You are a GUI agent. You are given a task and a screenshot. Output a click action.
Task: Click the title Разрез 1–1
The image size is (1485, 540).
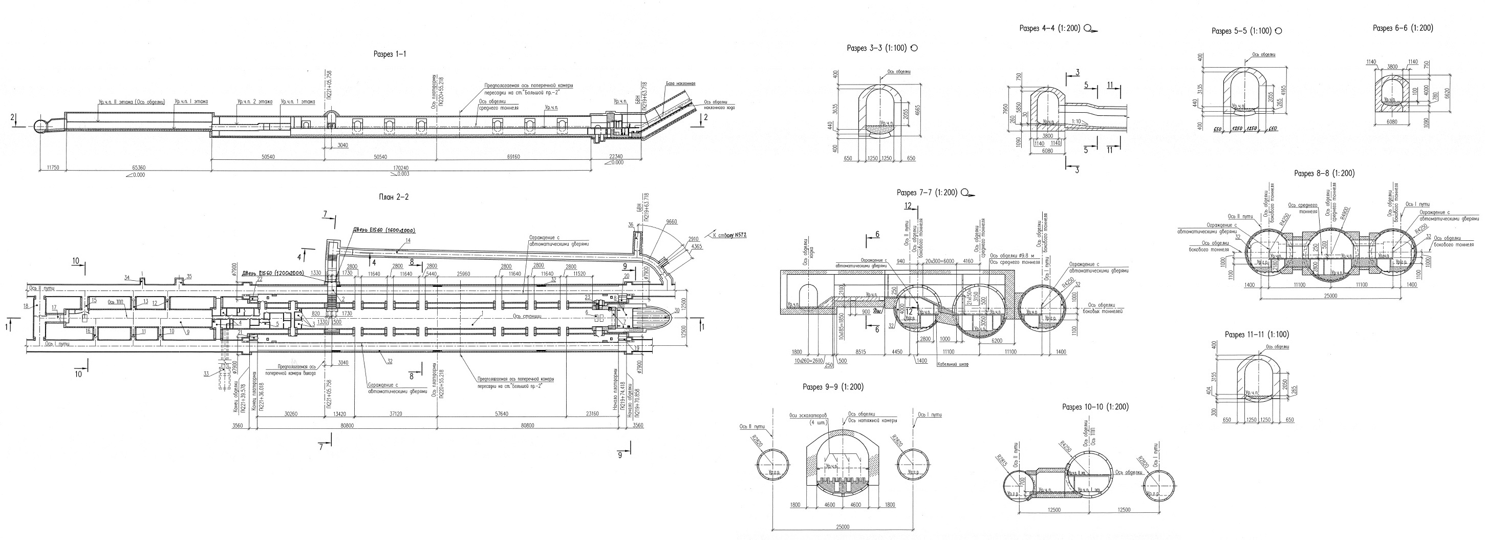(x=390, y=54)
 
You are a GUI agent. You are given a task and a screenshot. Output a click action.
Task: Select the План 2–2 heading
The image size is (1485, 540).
(x=394, y=197)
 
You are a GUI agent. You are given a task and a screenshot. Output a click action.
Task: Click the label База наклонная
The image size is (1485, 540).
(x=680, y=84)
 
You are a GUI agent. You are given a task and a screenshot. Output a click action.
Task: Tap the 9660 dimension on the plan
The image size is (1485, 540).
(x=672, y=222)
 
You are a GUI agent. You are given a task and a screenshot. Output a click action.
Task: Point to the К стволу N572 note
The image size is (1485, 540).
(x=728, y=235)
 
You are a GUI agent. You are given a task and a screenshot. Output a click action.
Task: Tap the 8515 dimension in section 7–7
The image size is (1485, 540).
(x=860, y=351)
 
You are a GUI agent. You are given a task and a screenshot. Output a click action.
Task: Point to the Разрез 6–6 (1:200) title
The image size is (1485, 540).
(x=1403, y=28)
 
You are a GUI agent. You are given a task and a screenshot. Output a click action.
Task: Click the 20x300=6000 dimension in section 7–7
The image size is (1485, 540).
(x=937, y=261)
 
